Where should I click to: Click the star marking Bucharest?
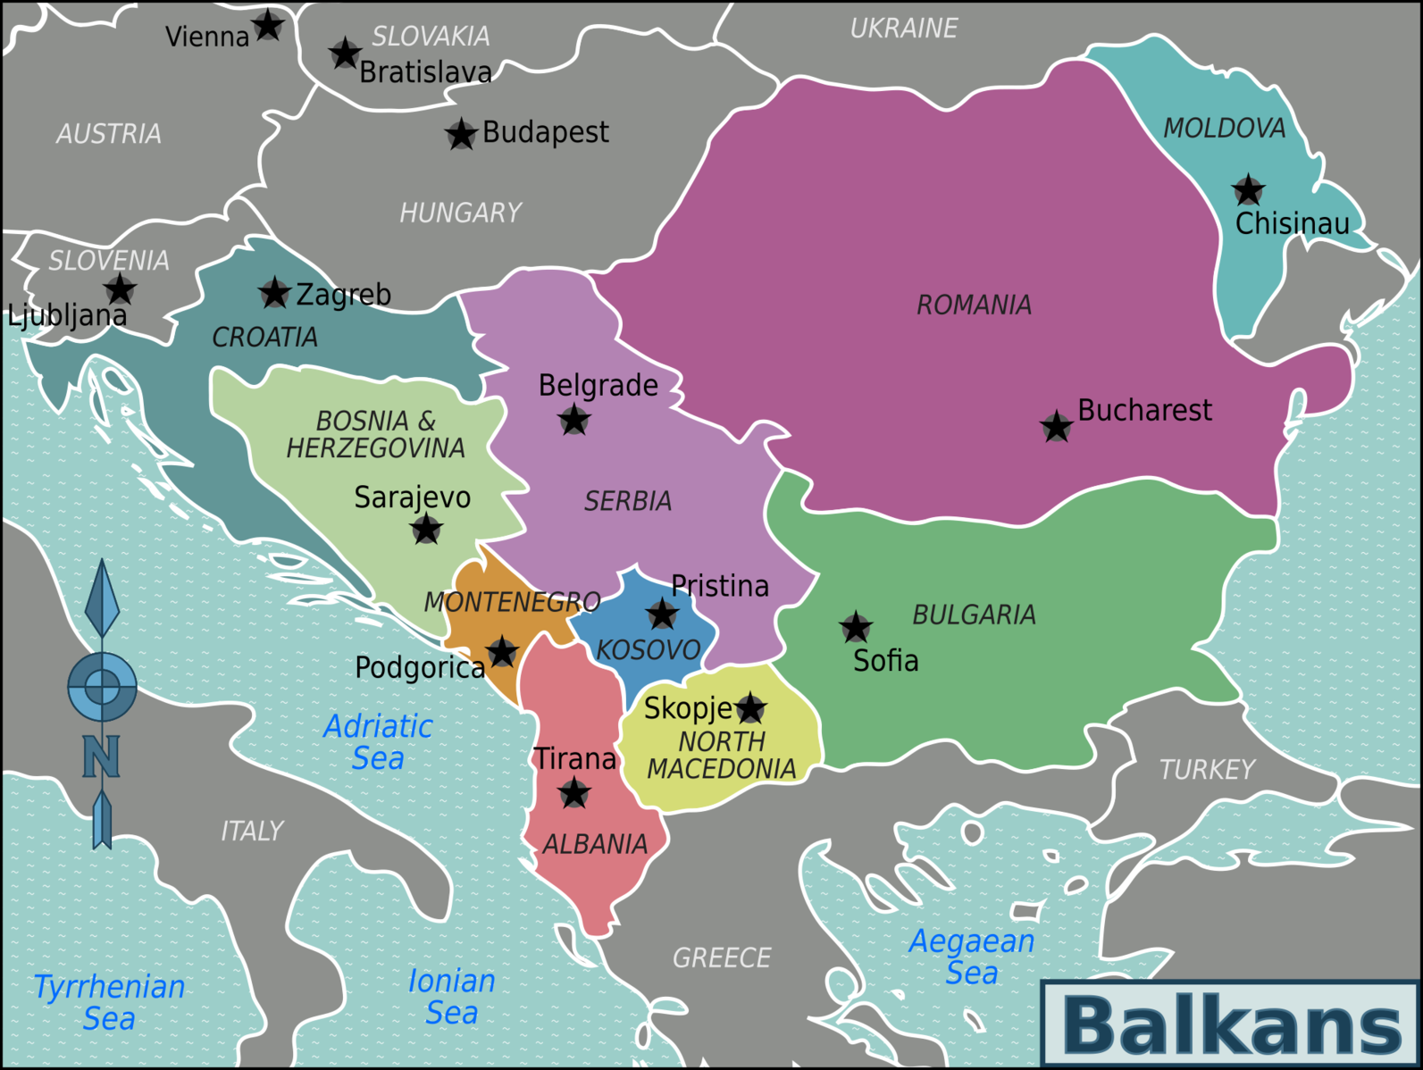(1057, 427)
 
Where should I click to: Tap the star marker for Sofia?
(856, 628)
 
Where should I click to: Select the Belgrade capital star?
(573, 419)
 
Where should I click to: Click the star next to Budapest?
(461, 135)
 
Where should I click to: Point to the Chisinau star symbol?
(1248, 190)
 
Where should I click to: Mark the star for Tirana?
(573, 792)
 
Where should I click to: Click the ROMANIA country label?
(974, 305)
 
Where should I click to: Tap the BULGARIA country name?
(974, 614)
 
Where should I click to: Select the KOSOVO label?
(649, 650)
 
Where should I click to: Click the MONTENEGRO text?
(512, 602)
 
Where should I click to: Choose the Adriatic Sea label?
(378, 742)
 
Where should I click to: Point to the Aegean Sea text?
(972, 956)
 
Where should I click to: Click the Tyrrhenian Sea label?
(109, 1002)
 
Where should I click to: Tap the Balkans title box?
(1231, 1024)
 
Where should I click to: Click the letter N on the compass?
(101, 757)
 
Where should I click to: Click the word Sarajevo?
(412, 497)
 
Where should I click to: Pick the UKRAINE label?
(903, 29)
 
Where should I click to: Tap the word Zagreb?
(343, 294)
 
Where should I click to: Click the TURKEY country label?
(1207, 769)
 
